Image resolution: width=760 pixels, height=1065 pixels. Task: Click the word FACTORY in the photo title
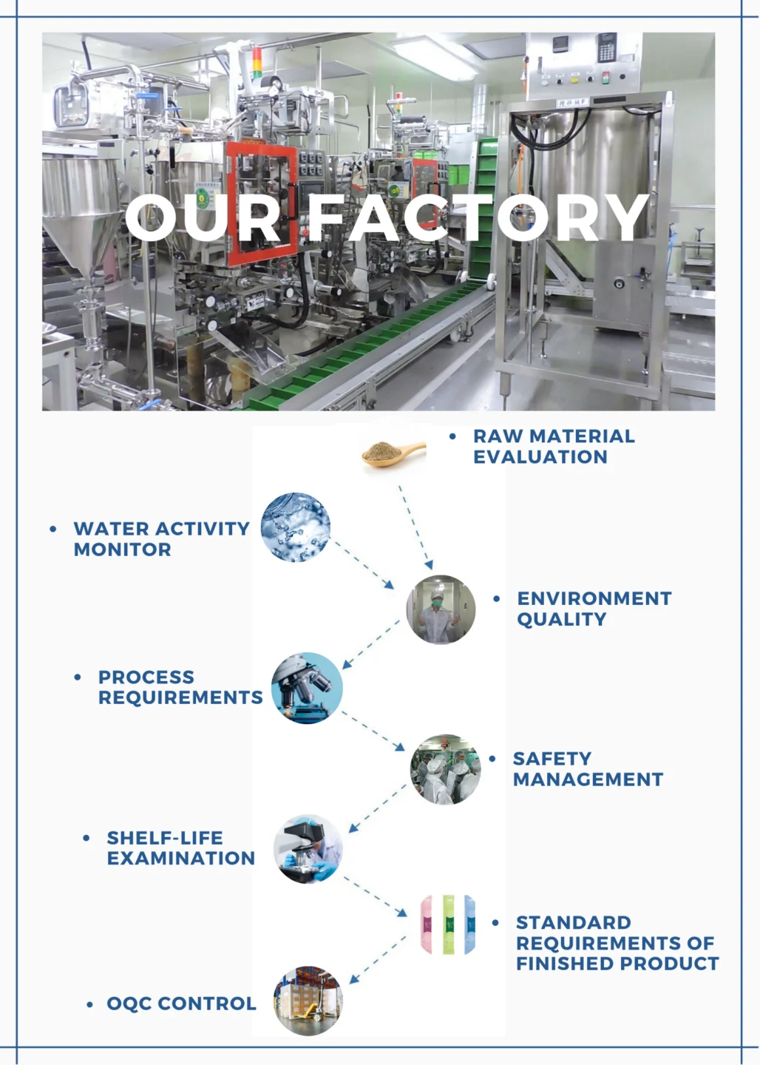pos(478,217)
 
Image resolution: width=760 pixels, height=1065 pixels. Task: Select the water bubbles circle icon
pos(295,527)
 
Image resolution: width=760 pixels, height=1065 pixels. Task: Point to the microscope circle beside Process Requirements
pos(307,688)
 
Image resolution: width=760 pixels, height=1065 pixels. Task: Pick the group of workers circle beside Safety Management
pos(445,770)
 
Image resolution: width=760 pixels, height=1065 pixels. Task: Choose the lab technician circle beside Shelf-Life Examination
pos(308,850)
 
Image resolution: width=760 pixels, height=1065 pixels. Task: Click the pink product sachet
pos(427,924)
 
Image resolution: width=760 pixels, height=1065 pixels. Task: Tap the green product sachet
pos(448,924)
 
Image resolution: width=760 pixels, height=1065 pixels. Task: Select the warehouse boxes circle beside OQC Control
pos(308,1001)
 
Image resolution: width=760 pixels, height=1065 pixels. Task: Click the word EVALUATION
pos(540,457)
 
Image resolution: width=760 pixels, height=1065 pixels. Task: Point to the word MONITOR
pos(122,550)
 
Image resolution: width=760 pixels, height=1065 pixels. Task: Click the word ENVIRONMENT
pos(594,598)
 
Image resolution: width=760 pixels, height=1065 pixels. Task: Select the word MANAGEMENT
pos(588,780)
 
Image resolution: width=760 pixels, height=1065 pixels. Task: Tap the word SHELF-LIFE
pos(164,838)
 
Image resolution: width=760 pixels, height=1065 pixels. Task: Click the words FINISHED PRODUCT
pos(617,964)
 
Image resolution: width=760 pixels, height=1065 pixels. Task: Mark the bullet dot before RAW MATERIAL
pos(452,436)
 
